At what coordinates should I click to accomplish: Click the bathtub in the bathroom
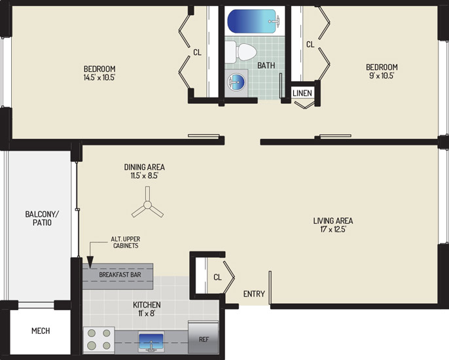pos(254,21)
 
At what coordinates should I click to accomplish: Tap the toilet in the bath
pos(241,52)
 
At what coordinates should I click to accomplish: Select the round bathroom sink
pos(236,82)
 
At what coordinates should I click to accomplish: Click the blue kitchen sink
pos(151,342)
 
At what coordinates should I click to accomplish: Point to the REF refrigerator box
pos(204,337)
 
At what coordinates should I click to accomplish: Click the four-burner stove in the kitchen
pos(99,340)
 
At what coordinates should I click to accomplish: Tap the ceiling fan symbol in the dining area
pos(147,204)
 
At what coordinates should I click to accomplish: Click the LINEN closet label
pos(302,93)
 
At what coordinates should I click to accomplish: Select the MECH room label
pos(41,331)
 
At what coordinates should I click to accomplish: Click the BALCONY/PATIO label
pos(42,218)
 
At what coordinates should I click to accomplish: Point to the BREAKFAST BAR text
pos(120,275)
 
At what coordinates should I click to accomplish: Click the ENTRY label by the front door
pos(254,294)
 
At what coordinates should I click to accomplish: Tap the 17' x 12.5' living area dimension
pos(333,229)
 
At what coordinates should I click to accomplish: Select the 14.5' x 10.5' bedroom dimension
pos(99,78)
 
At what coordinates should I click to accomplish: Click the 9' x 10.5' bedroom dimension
pos(382,76)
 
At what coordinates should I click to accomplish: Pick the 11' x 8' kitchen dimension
pos(147,314)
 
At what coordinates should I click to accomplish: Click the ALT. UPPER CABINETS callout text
pos(126,242)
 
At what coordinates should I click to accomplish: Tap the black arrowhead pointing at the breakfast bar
pos(90,263)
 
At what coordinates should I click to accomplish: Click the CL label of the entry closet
pos(217,278)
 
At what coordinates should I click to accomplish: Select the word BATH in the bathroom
pos(266,65)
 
